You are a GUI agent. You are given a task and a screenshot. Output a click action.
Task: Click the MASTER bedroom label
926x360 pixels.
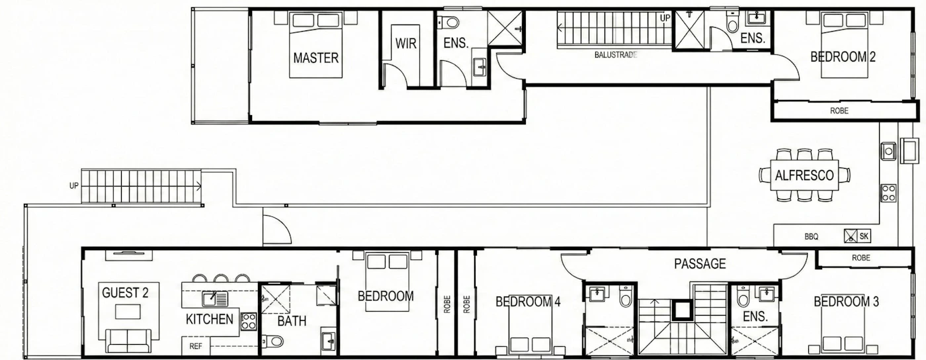click(x=316, y=58)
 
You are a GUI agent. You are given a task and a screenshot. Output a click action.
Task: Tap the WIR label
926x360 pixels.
click(x=405, y=44)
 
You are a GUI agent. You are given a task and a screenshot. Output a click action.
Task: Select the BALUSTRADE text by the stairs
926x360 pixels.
click(x=616, y=55)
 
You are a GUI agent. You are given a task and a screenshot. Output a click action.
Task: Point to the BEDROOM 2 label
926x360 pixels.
click(x=843, y=57)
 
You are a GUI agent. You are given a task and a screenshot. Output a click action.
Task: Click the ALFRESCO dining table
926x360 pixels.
click(x=804, y=175)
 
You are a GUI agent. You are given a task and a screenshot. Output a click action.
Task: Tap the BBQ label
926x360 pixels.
click(x=811, y=237)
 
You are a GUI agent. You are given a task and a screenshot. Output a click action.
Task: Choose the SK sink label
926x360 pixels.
click(x=864, y=236)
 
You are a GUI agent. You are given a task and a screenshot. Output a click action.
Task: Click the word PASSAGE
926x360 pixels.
click(x=700, y=263)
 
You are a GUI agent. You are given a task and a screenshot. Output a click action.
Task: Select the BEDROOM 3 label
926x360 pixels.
click(x=846, y=302)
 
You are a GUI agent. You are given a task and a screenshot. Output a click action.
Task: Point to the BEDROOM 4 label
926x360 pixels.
click(x=528, y=302)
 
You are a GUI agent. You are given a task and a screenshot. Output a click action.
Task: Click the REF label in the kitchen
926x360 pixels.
click(x=196, y=346)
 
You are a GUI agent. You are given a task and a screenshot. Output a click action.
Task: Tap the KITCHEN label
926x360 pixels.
click(x=210, y=319)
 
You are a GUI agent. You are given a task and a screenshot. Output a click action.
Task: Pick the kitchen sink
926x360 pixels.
click(x=215, y=298)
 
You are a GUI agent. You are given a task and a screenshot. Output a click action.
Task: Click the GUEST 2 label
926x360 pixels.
click(x=125, y=293)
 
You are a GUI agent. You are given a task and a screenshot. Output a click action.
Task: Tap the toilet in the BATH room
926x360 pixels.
click(x=273, y=341)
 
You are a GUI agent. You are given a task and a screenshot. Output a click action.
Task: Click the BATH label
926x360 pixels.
click(x=292, y=321)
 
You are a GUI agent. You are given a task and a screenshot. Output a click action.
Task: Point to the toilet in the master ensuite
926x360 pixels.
click(x=448, y=22)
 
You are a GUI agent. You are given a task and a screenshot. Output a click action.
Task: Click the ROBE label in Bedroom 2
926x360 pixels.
click(x=839, y=111)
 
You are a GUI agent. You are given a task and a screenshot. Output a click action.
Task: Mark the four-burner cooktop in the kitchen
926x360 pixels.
click(x=249, y=321)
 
